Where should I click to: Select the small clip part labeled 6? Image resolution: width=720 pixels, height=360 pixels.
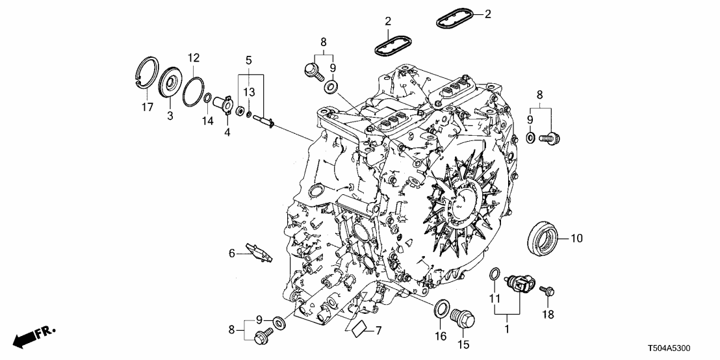coord(259,252)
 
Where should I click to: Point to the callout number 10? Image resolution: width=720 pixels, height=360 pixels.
coord(577,238)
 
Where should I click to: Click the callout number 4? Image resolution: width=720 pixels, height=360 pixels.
coord(227,133)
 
